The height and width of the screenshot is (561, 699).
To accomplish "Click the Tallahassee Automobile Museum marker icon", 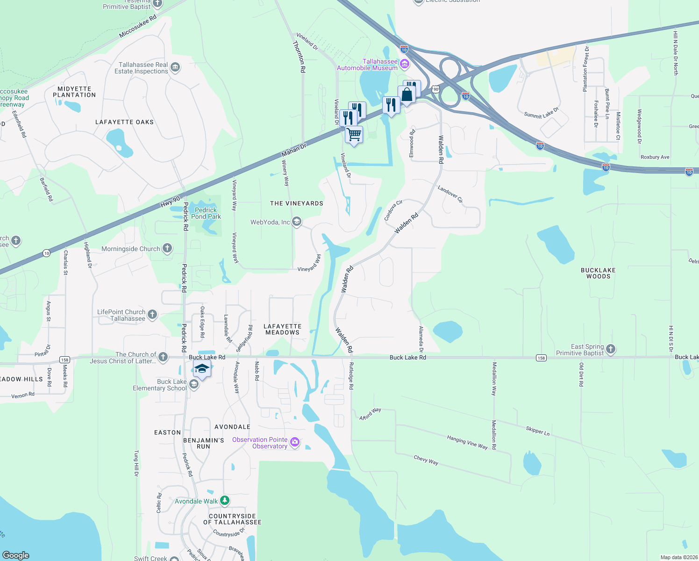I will click(405, 64).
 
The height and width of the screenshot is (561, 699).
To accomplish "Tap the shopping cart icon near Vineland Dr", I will click(354, 135).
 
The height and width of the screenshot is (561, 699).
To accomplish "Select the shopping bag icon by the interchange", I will click(407, 95).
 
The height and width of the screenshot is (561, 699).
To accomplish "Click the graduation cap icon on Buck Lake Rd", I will click(202, 369).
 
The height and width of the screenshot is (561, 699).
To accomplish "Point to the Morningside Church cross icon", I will click(167, 249).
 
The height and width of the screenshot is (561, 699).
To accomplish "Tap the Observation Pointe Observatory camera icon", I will click(294, 442).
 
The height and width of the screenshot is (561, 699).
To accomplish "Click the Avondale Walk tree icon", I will click(225, 501).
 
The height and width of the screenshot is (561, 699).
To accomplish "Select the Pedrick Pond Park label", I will click(206, 213).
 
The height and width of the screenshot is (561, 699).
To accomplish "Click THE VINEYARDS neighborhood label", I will click(297, 203).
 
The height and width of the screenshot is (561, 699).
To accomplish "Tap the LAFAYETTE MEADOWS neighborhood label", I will click(283, 330).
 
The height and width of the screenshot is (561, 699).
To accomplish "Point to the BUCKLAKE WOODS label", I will click(598, 273).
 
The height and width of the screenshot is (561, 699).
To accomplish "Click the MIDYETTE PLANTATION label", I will click(74, 92).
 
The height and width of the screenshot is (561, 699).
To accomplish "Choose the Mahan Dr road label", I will click(294, 151).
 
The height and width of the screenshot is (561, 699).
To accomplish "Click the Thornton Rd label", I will click(299, 56).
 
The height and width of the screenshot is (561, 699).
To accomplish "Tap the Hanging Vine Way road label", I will click(467, 442).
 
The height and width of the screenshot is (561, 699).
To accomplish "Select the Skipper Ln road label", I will click(538, 431).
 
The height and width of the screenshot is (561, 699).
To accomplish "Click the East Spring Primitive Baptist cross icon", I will click(611, 349).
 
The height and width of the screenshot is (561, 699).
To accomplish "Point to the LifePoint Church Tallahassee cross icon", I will click(152, 315).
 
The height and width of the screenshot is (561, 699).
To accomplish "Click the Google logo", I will click(16, 555).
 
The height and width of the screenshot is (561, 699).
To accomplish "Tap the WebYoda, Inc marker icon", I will click(297, 222).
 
